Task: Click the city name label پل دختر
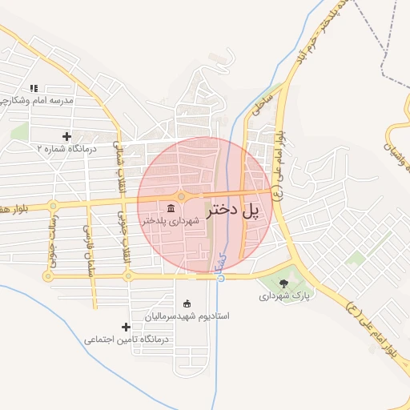coord(235,211)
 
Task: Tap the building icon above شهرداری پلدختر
coord(173,209)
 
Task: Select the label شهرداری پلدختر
coord(168,221)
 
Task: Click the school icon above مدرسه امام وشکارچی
coord(34,88)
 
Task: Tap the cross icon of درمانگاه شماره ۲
coord(66,136)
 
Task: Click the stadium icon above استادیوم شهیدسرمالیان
coord(187,303)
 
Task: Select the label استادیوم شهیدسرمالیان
coord(187,316)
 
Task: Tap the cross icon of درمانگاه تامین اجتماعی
coord(126,327)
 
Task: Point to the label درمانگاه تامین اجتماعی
coord(128,339)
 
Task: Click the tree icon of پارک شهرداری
coord(283,283)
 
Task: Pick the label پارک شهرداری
coord(283,295)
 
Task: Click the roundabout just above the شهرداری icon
coord(182,196)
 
